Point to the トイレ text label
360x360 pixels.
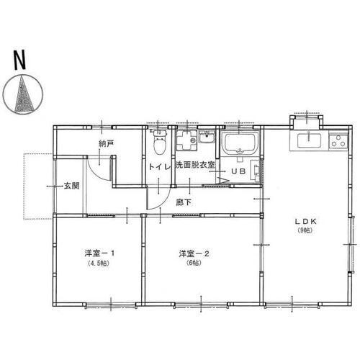point(159,167)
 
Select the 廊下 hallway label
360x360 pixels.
point(184,202)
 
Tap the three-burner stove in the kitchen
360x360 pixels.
point(338,140)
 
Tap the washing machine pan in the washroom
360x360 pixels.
point(185,142)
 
